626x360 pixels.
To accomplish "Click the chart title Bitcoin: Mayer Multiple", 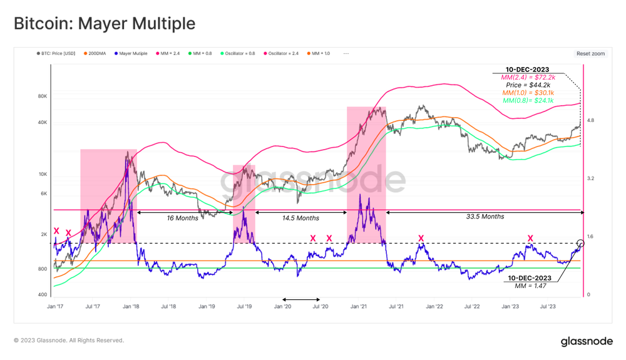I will click(x=105, y=24).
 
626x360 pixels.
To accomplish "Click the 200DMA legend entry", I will click(x=95, y=54).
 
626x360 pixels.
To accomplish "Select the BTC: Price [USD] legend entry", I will click(x=58, y=54).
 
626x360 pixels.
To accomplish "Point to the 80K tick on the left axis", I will click(x=43, y=96).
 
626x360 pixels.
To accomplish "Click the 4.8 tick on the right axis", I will click(x=590, y=120).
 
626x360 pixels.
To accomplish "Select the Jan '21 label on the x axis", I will click(x=359, y=307).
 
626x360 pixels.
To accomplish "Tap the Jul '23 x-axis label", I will click(x=548, y=307).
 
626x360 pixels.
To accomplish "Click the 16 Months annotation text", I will click(x=182, y=218).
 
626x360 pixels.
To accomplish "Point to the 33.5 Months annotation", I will click(x=485, y=217).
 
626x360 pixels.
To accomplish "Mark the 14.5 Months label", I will click(x=300, y=218).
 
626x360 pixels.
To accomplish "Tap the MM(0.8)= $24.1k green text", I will click(x=528, y=100).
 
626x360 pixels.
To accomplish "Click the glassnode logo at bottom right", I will click(x=587, y=341).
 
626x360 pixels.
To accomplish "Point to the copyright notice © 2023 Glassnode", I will click(x=69, y=341).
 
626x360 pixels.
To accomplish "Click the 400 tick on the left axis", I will click(x=43, y=295).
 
